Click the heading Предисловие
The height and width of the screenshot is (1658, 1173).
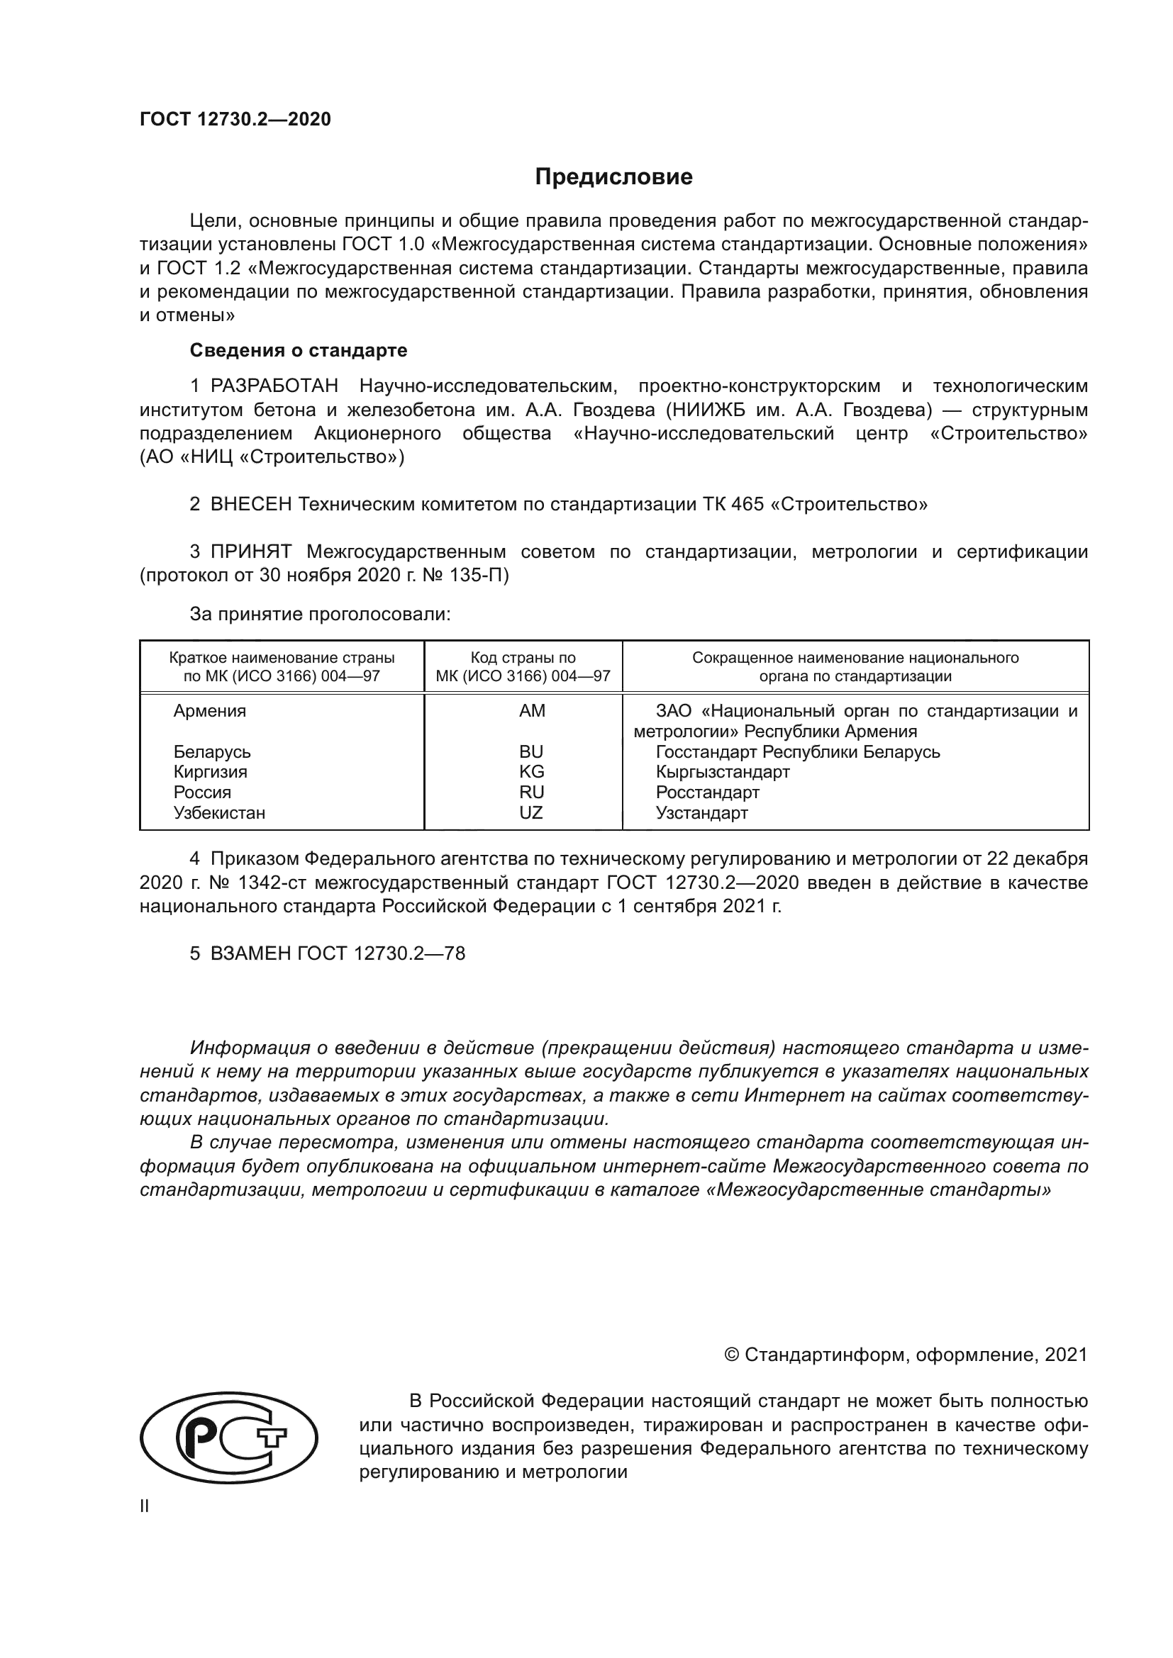pyautogui.click(x=613, y=177)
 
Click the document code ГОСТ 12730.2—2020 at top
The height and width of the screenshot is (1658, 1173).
pyautogui.click(x=235, y=119)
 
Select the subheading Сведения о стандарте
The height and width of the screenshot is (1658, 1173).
pyautogui.click(x=299, y=350)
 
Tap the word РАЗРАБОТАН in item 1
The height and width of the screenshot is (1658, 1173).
pyautogui.click(x=274, y=386)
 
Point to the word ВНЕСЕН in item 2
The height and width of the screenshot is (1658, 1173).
pyautogui.click(x=250, y=504)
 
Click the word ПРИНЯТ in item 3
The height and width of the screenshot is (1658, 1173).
pyautogui.click(x=250, y=552)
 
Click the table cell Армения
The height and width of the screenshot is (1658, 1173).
pyautogui.click(x=209, y=711)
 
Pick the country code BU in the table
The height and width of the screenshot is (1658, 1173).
pyautogui.click(x=531, y=751)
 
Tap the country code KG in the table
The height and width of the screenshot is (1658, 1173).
pyautogui.click(x=531, y=772)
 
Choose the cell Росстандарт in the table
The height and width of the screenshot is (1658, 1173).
pyautogui.click(x=707, y=792)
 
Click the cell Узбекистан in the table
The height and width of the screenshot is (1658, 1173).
pyautogui.click(x=220, y=813)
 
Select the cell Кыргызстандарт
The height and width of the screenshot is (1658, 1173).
pyautogui.click(x=722, y=772)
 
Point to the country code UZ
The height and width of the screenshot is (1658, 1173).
pyautogui.click(x=531, y=813)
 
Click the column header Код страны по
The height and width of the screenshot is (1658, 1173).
pyautogui.click(x=523, y=658)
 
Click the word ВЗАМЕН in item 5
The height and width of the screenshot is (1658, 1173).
pyautogui.click(x=250, y=953)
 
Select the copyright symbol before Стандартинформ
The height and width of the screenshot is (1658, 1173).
pyautogui.click(x=731, y=1355)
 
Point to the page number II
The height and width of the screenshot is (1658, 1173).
pyautogui.click(x=145, y=1506)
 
